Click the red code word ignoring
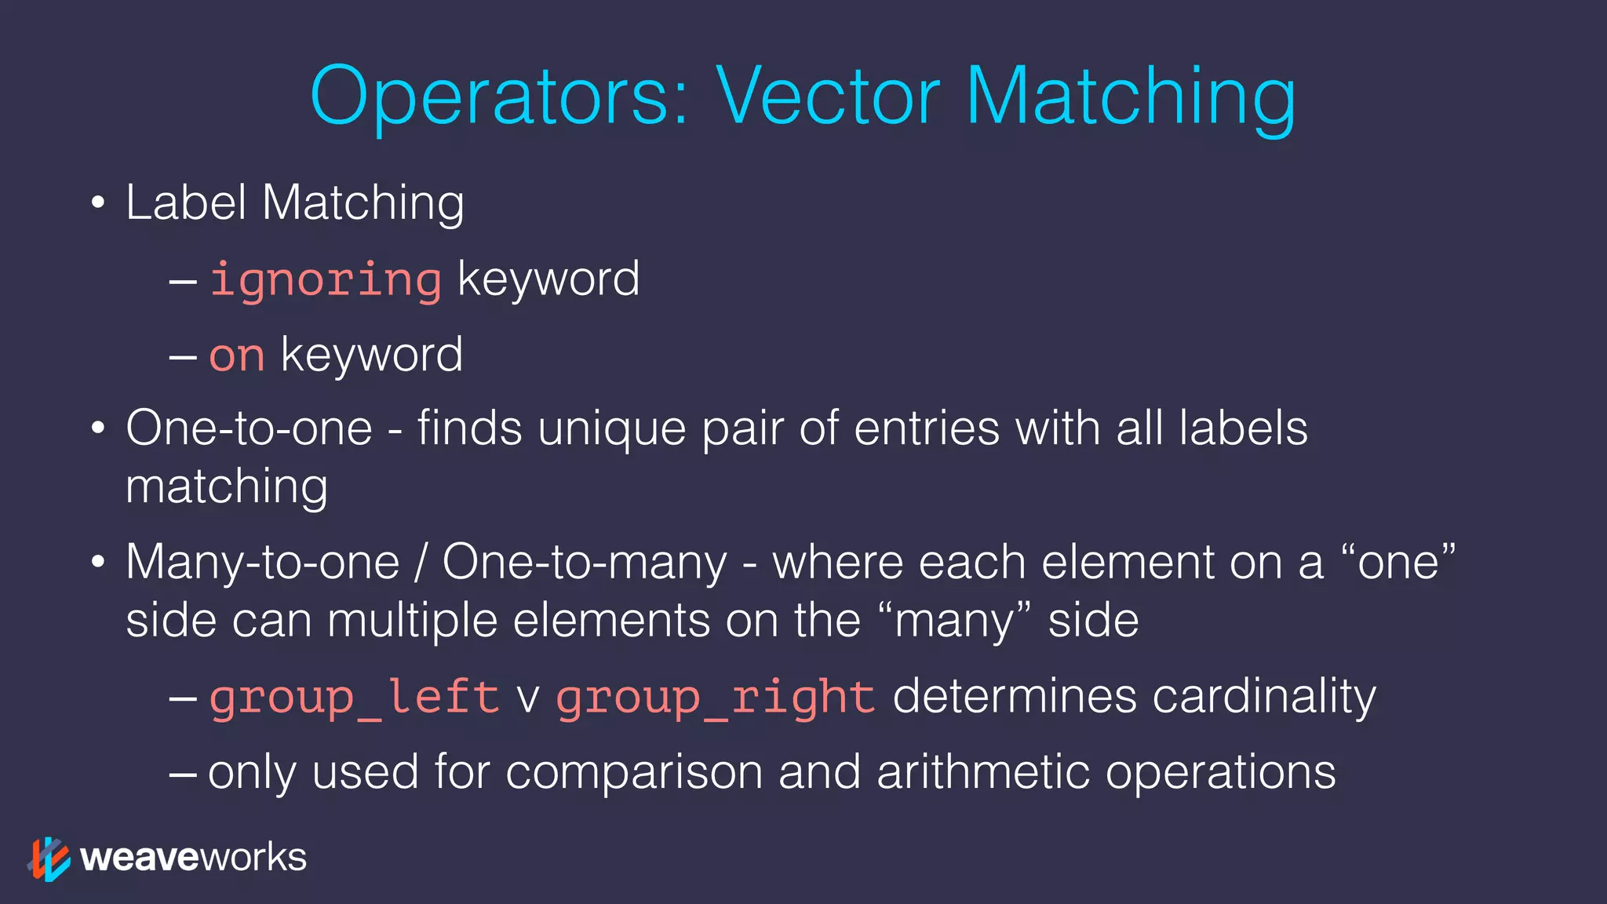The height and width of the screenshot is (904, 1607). (x=325, y=280)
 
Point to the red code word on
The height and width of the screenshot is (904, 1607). (x=236, y=355)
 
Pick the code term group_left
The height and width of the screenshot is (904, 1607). (x=354, y=697)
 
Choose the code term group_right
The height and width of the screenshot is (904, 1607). (x=715, y=697)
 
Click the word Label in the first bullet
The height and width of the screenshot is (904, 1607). (x=186, y=202)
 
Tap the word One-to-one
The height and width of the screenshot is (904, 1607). (x=249, y=428)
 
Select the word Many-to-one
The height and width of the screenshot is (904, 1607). (x=262, y=563)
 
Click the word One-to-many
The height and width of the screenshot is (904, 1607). (x=585, y=563)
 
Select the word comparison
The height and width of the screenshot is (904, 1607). (x=634, y=772)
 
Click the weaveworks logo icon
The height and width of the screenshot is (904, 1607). (x=49, y=858)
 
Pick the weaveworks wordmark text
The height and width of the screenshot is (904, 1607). (x=193, y=858)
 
